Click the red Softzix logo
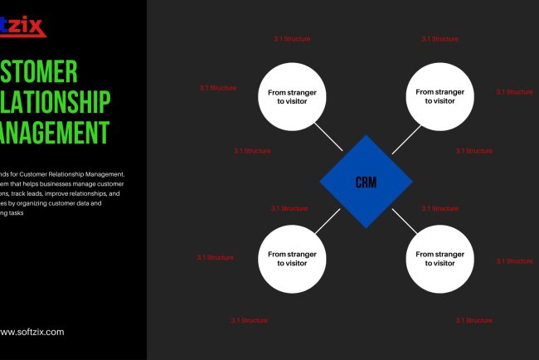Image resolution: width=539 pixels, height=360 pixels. (22, 26)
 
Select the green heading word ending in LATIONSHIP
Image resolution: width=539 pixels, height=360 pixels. (54, 102)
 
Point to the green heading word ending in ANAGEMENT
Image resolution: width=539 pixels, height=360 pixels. (54, 132)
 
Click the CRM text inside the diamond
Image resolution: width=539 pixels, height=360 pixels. (366, 182)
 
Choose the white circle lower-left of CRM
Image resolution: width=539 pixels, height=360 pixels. (292, 258)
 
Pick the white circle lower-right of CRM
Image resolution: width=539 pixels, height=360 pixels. (439, 258)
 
